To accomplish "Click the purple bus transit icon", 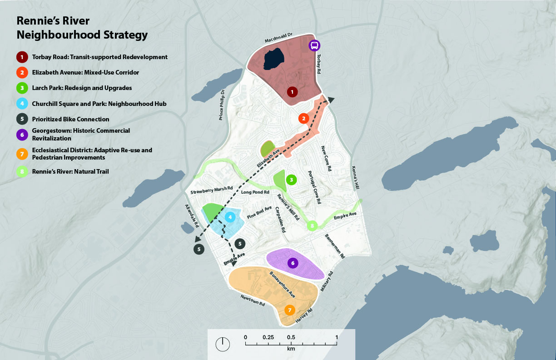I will [x=314, y=45].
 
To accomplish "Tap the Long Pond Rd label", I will [x=255, y=192].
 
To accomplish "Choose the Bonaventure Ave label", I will [x=283, y=285].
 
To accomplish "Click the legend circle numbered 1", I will [x=21, y=57].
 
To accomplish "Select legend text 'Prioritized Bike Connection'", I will [x=70, y=119].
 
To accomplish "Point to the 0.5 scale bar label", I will [x=291, y=337].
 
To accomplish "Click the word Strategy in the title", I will [x=122, y=35].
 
